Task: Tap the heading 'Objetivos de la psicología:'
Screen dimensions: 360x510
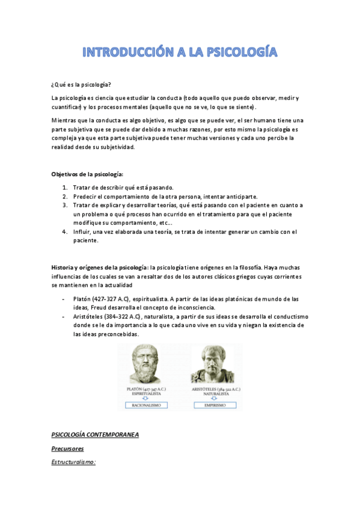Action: coord(87,174)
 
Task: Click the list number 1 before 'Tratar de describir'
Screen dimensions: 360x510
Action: coord(64,188)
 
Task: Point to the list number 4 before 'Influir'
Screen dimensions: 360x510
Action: coord(64,231)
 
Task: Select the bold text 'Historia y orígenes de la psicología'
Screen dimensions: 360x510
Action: coord(100,266)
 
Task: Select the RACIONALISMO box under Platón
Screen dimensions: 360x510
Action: coord(150,405)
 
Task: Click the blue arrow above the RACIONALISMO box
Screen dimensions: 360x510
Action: coord(150,398)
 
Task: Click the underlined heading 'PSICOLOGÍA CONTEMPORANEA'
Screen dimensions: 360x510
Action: coord(95,434)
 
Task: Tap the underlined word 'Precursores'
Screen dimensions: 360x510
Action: coord(67,449)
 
